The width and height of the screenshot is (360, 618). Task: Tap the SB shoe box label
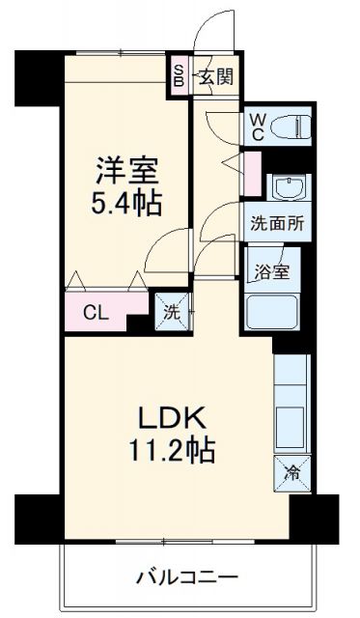(x=180, y=76)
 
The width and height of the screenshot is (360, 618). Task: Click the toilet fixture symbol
(x=291, y=126)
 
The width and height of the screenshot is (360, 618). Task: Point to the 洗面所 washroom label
(x=277, y=221)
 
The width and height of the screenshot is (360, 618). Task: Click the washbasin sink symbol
(x=287, y=186)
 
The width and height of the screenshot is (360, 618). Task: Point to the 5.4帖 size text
(x=126, y=204)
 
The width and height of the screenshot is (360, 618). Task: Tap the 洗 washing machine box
(x=171, y=311)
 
